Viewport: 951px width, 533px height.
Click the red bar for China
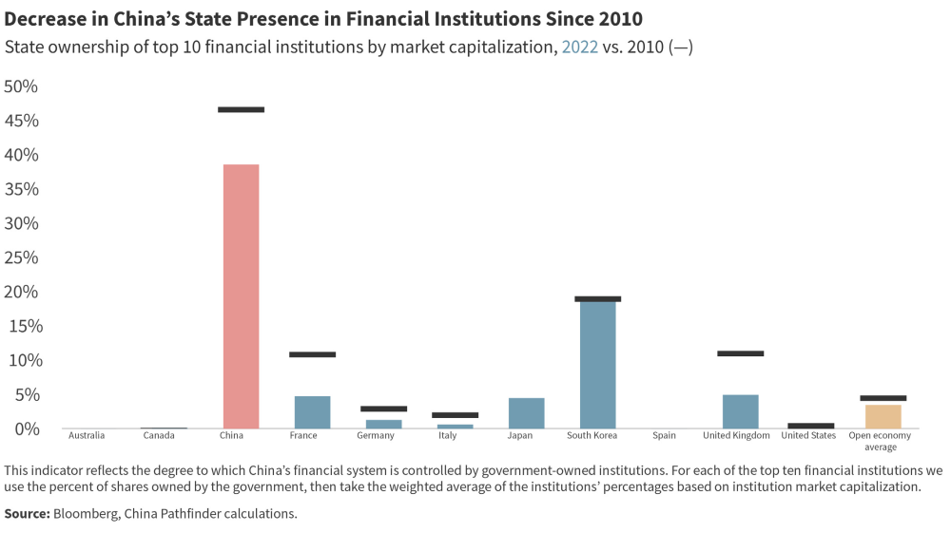[241, 296]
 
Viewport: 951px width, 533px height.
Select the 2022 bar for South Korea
[597, 364]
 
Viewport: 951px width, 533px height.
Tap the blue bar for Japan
[526, 413]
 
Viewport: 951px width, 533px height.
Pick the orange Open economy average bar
[883, 416]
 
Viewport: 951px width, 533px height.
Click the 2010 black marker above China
[241, 110]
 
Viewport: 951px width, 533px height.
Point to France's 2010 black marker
[312, 354]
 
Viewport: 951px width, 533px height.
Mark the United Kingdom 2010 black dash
[740, 353]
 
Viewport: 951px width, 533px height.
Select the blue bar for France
[312, 412]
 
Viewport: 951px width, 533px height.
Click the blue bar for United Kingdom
[740, 411]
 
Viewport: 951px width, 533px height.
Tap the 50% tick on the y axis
[21, 86]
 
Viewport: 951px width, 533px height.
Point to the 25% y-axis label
[21, 257]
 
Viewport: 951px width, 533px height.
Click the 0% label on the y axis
[25, 428]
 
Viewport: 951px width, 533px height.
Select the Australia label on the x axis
[87, 436]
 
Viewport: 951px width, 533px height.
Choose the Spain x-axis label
[664, 436]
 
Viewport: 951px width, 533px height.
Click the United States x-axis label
[808, 436]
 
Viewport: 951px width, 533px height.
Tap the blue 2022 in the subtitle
[579, 48]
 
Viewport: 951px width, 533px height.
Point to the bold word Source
[28, 514]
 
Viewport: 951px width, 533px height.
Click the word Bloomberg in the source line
[86, 514]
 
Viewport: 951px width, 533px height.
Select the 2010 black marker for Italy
[455, 415]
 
